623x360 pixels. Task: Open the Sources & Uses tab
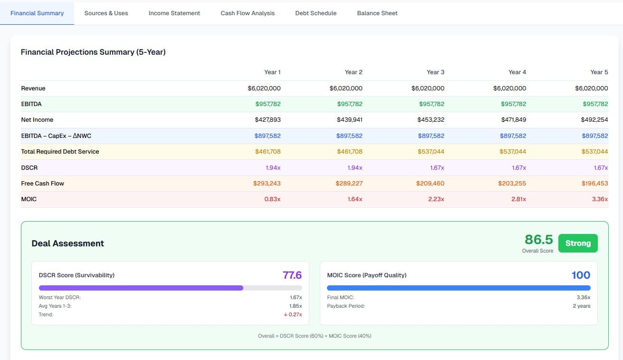click(106, 13)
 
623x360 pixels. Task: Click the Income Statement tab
click(174, 13)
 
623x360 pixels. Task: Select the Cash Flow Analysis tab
click(248, 13)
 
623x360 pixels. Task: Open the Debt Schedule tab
click(316, 13)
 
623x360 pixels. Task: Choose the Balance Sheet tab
click(377, 13)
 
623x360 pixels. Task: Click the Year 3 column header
click(435, 72)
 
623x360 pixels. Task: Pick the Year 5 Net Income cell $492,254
click(594, 120)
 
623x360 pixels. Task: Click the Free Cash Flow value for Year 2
click(349, 184)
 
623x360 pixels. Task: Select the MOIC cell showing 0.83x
click(272, 199)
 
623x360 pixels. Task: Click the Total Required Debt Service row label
click(60, 152)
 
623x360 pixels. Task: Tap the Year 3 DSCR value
click(436, 167)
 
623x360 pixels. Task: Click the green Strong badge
click(578, 243)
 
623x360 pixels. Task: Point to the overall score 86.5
click(538, 240)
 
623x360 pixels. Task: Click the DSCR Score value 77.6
click(292, 275)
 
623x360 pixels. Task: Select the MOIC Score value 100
click(581, 275)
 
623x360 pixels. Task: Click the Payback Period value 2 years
click(581, 306)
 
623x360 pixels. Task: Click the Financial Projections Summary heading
click(93, 52)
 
